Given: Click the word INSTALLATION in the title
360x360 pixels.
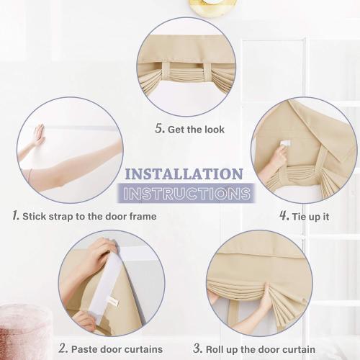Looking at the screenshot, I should pos(184,174).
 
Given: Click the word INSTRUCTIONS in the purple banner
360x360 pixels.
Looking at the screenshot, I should pos(186,193).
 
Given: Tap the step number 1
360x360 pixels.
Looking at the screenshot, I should pos(15,215).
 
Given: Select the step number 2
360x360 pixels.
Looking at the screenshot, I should pos(63,349).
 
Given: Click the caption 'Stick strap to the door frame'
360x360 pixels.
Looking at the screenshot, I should pos(89,216).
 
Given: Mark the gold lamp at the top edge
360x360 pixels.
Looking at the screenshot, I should pos(212,6).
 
